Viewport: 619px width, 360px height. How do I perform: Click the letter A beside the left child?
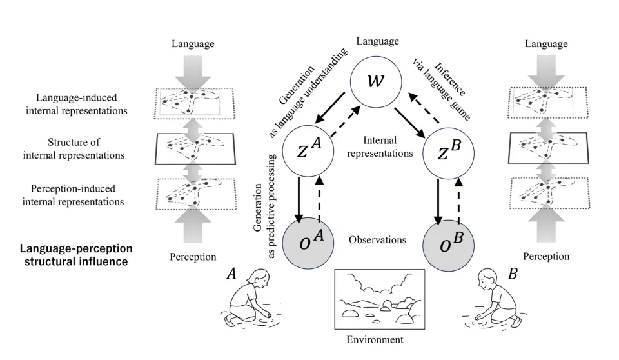[x=230, y=274]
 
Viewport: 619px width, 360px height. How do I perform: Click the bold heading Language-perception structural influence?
[x=75, y=255]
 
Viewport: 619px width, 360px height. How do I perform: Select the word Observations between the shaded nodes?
[x=377, y=240]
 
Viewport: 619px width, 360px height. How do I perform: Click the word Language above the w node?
[x=376, y=40]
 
